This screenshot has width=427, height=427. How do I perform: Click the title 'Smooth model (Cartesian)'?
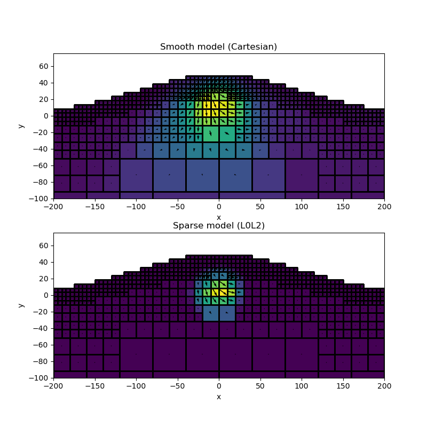click(218, 46)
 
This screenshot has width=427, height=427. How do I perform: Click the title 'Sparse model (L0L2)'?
click(218, 226)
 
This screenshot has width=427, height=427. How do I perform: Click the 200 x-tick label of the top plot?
click(384, 207)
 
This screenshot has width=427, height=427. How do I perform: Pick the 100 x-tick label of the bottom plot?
click(302, 386)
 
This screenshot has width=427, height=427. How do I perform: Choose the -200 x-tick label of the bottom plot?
click(53, 386)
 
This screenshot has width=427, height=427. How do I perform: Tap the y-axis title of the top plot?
click(21, 126)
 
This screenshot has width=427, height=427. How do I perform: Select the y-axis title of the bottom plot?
click(21, 305)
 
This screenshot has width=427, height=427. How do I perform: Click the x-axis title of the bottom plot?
click(218, 397)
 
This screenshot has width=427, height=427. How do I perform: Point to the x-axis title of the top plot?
click(218, 217)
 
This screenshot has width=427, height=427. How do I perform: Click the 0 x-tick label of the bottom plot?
click(219, 386)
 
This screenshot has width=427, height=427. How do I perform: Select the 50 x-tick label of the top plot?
click(260, 207)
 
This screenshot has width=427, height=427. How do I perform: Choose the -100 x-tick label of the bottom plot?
click(136, 386)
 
